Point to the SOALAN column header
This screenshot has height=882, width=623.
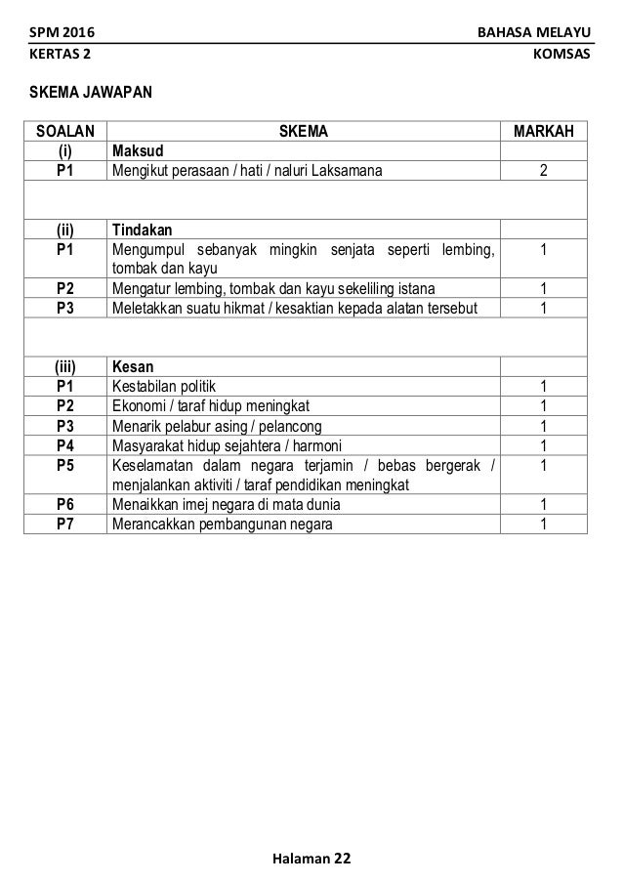coord(65,132)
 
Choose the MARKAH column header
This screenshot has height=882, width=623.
coord(544,132)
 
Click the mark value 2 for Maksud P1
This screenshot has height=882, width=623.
coord(543,172)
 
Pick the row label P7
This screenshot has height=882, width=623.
coord(65,525)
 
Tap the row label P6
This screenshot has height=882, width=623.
coord(65,505)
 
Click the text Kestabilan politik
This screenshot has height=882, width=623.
coord(166,387)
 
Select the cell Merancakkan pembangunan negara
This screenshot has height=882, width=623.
coord(222,525)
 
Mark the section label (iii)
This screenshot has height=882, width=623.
coord(65,367)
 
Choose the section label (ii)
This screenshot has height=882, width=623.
coord(65,231)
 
